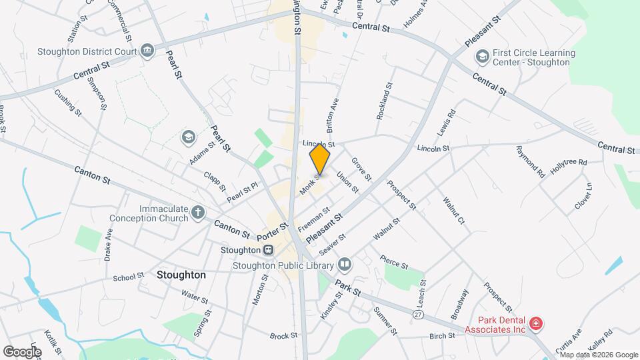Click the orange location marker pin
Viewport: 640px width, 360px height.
pos(320,159)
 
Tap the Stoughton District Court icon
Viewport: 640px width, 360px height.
pos(147,50)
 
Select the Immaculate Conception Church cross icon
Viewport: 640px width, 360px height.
pos(197,213)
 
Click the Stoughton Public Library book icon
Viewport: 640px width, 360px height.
pos(345,265)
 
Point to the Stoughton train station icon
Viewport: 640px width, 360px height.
pos(268,250)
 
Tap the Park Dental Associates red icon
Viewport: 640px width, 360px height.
pos(536,324)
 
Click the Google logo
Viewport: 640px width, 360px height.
pos(22,351)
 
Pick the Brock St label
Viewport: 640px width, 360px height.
pos(283,336)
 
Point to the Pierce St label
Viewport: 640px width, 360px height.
pos(394,261)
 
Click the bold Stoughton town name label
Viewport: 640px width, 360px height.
pos(181,275)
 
